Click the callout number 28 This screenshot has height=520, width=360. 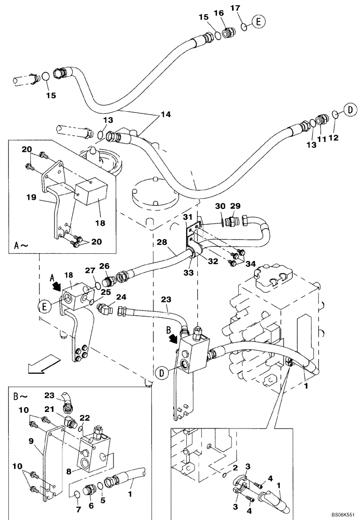[x=161, y=242]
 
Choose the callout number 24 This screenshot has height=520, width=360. [x=121, y=297]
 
